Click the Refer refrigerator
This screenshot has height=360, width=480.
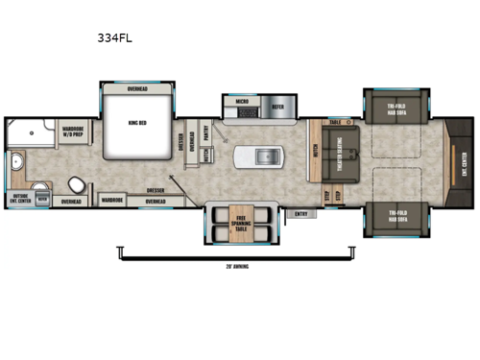click(x=276, y=108)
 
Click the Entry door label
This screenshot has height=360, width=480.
click(x=301, y=212)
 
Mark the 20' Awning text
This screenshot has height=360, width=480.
click(x=234, y=265)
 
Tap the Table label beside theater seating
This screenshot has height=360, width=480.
click(x=335, y=123)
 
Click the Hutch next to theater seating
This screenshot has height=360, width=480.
click(x=315, y=154)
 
